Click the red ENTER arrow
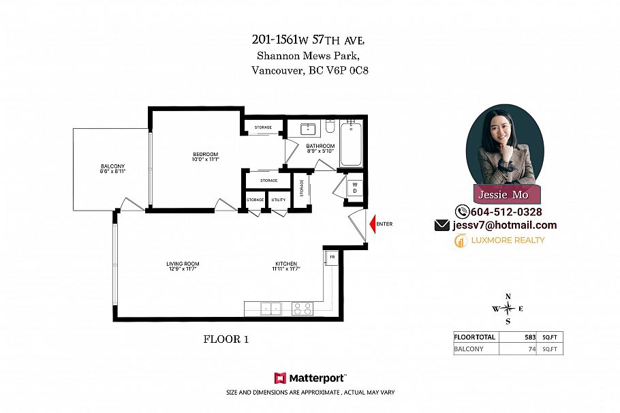(x=373, y=224)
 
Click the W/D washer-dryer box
(x=355, y=188)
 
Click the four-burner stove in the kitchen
(x=302, y=309)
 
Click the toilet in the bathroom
(x=330, y=127)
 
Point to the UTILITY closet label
(x=278, y=199)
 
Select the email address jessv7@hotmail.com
(x=503, y=225)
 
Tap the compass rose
(x=508, y=309)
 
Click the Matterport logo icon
(x=280, y=378)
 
